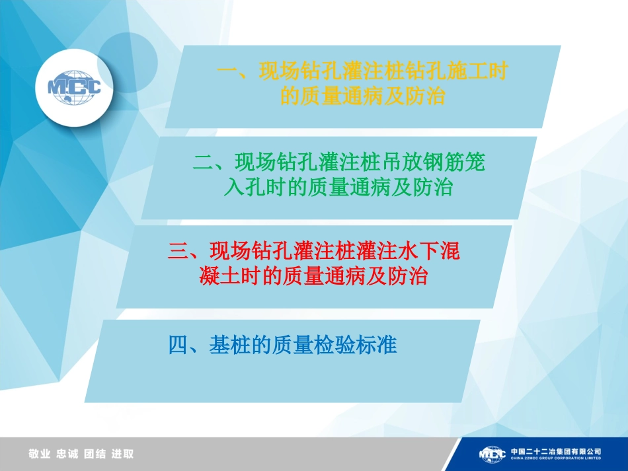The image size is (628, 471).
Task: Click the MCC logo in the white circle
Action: click(x=74, y=87)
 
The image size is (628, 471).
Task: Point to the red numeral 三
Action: click(x=178, y=251)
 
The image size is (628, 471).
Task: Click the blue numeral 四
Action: click(x=179, y=345)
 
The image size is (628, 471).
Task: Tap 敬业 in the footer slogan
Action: click(x=40, y=454)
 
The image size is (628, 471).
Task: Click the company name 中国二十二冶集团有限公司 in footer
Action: click(x=555, y=451)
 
